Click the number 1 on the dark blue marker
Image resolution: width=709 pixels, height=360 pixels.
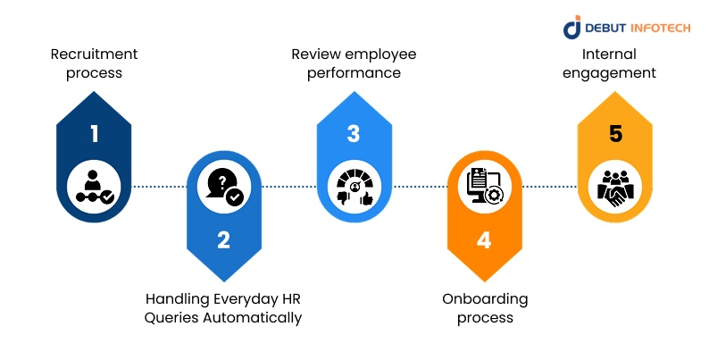coord(94,135)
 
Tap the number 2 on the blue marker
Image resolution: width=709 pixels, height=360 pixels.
coord(223,239)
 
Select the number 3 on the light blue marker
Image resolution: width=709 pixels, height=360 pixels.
coord(354,135)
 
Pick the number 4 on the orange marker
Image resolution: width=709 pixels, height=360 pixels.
coord(483,239)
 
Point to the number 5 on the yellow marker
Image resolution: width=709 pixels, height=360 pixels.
coord(615,135)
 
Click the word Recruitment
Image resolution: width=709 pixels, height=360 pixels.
coord(94,54)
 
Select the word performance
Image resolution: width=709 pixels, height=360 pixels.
coord(354,73)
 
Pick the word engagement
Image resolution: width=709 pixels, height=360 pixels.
coord(615,73)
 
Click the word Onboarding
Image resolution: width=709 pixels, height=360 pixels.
coord(485,298)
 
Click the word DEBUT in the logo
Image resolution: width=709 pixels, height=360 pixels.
coord(609,28)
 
